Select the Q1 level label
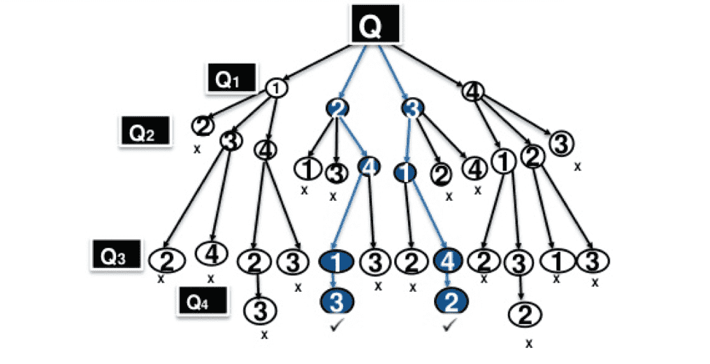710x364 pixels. coord(229,79)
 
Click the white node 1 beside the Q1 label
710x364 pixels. coord(277,89)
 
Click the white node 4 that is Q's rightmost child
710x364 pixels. coord(473,90)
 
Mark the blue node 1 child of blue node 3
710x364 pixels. coord(405,172)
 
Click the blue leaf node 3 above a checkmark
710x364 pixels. coord(338,301)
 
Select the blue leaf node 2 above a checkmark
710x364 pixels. coord(451,302)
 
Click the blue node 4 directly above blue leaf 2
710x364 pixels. coord(451,261)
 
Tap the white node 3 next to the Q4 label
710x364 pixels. coord(260,308)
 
